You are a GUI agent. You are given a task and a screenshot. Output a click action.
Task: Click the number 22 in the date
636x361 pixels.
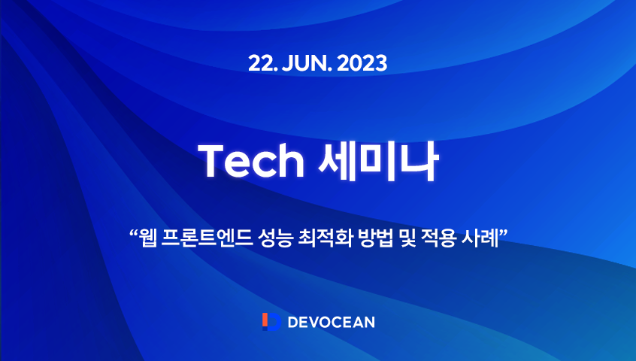tap(260, 64)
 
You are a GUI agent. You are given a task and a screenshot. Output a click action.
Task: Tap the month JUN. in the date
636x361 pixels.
tap(304, 64)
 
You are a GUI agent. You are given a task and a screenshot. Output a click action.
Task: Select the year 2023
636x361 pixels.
tap(363, 64)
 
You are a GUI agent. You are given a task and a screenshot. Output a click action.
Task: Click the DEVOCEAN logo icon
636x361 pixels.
tap(271, 322)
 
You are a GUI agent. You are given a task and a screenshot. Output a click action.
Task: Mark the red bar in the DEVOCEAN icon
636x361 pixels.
tap(265, 322)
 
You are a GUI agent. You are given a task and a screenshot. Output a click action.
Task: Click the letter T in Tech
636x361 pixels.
tap(209, 159)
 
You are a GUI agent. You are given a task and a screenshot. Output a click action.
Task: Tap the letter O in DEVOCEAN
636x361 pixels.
tap(324, 322)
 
